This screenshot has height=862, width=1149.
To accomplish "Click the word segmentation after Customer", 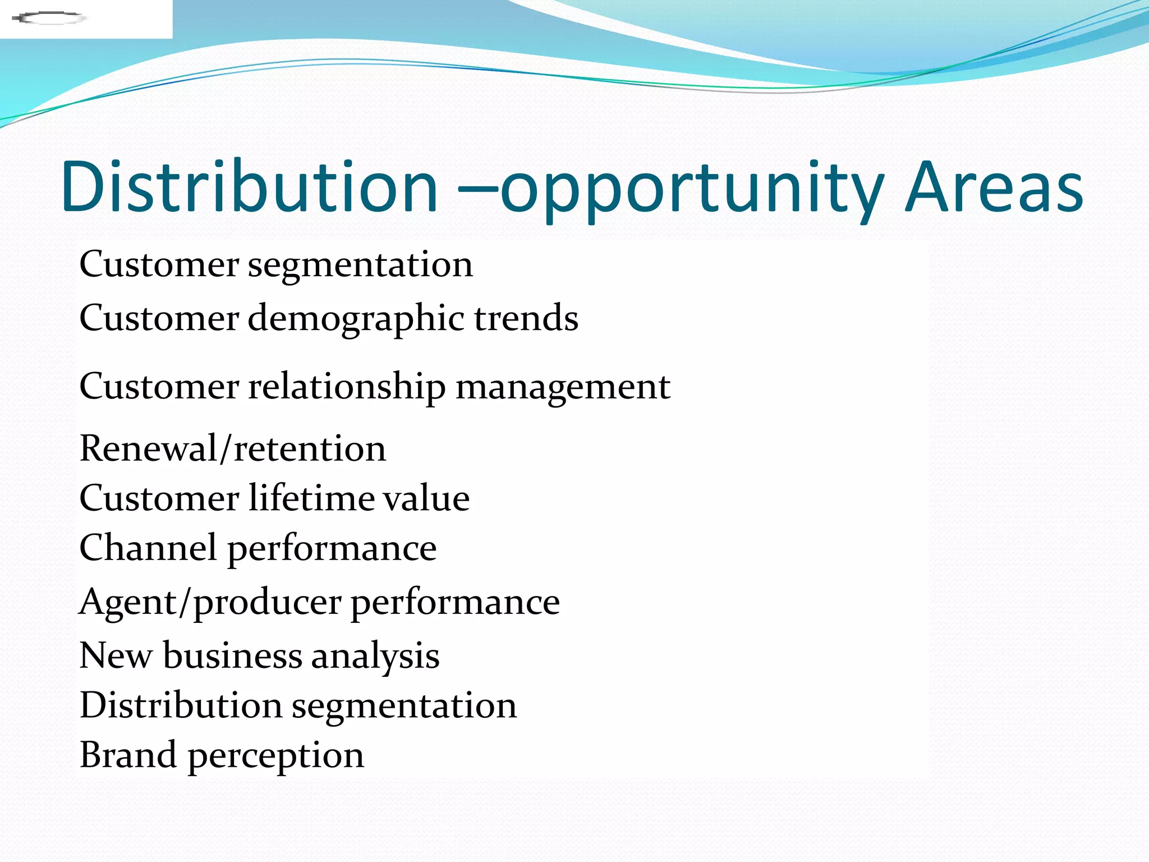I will coord(360,265).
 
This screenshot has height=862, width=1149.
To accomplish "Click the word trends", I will coord(526,318).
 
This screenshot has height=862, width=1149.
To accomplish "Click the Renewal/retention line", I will coord(233,449).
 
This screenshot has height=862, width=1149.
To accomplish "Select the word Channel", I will coord(148,548).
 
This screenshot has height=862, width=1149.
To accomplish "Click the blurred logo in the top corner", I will coord(49,19).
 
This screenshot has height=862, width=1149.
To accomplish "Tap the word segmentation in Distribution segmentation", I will coord(404,707).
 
